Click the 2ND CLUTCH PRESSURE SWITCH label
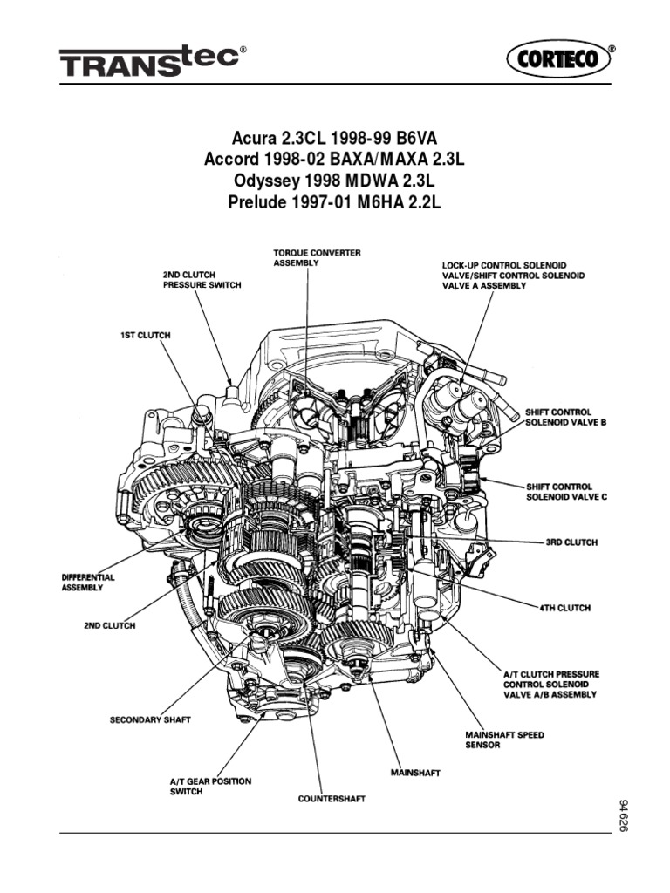pyautogui.click(x=202, y=279)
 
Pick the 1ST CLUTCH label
pyautogui.click(x=145, y=334)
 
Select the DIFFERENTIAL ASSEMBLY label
pyautogui.click(x=88, y=583)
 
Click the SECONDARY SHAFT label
pyautogui.click(x=150, y=720)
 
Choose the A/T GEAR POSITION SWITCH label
pyautogui.click(x=210, y=787)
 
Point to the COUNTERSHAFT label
pyautogui.click(x=332, y=799)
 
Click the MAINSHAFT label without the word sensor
pyautogui.click(x=414, y=773)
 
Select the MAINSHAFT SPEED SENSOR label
pyautogui.click(x=505, y=740)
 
